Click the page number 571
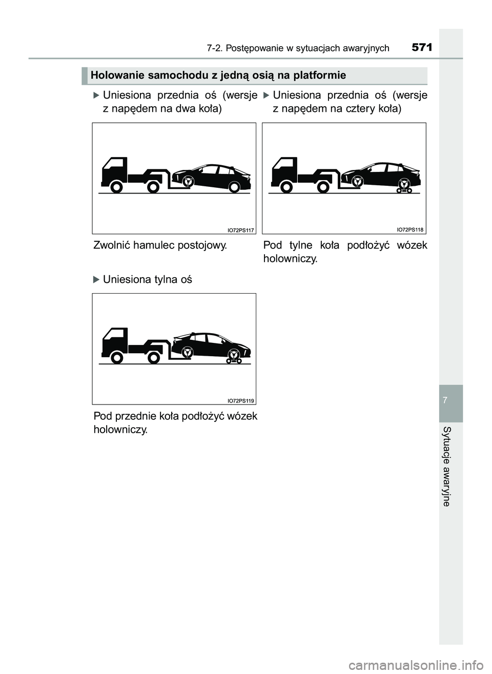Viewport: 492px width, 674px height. pyautogui.click(x=422, y=48)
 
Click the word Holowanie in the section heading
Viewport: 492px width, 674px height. pyautogui.click(x=111, y=75)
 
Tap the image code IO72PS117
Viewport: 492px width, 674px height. pyautogui.click(x=240, y=230)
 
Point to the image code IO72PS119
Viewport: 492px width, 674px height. pyautogui.click(x=240, y=400)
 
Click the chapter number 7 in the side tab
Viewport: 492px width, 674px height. pyautogui.click(x=450, y=399)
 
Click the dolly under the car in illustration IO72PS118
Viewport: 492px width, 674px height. pyautogui.click(x=404, y=190)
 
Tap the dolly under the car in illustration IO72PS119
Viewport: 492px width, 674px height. pyautogui.click(x=234, y=360)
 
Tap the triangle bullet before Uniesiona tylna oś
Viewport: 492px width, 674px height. pyautogui.click(x=96, y=280)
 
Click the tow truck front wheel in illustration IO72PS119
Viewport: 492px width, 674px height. pyautogui.click(x=117, y=358)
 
